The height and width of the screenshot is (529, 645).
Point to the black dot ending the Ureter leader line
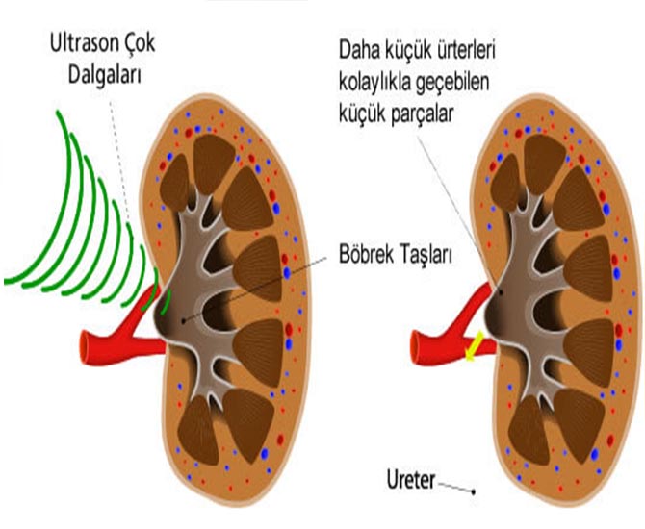pos(474,492)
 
